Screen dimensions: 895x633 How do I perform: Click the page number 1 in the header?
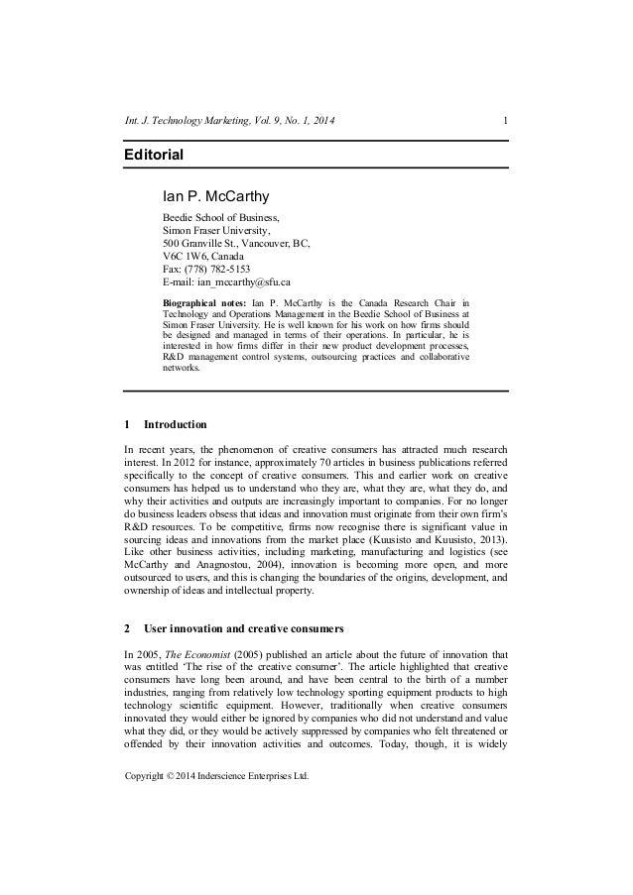507,122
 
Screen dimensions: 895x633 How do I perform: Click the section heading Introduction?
175,425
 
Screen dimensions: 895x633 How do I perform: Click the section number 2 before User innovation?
125,628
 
